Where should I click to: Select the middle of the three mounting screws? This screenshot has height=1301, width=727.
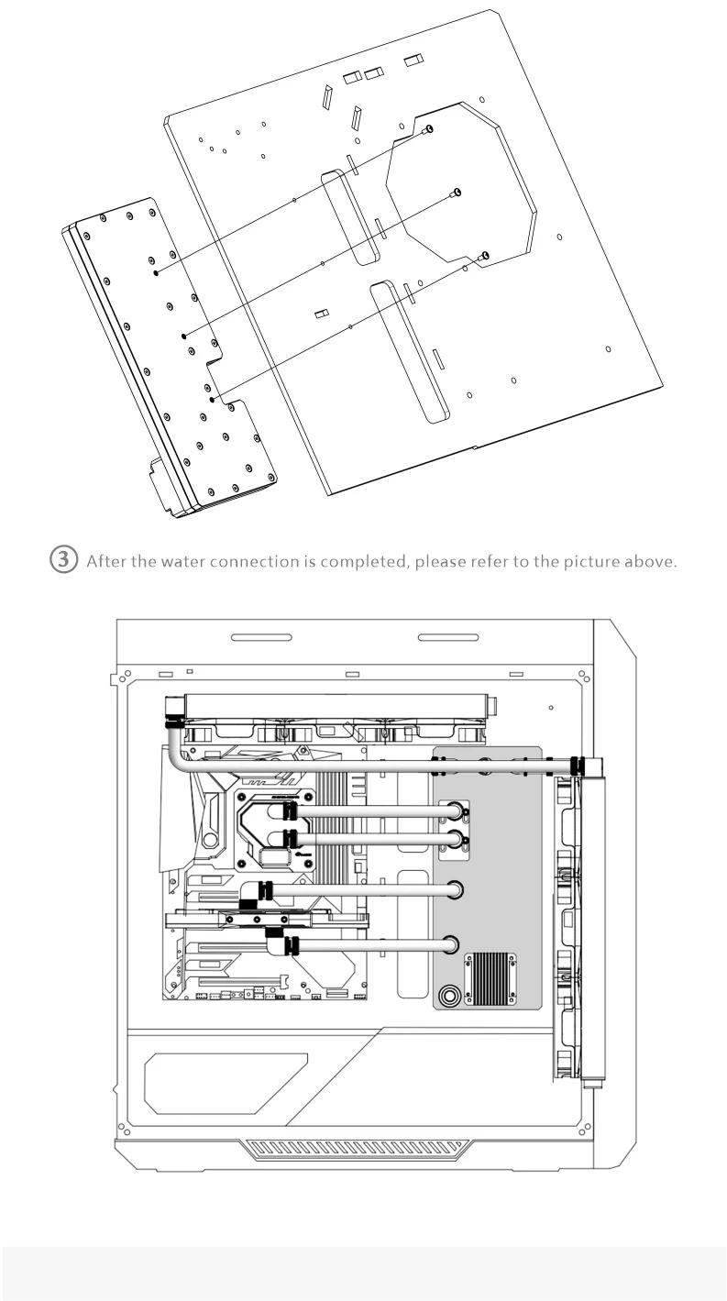[x=457, y=192]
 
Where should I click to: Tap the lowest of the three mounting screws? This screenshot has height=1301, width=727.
[x=485, y=255]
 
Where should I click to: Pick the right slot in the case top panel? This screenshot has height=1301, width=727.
[x=447, y=636]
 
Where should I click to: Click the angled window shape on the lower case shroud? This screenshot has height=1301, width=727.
[x=225, y=1082]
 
